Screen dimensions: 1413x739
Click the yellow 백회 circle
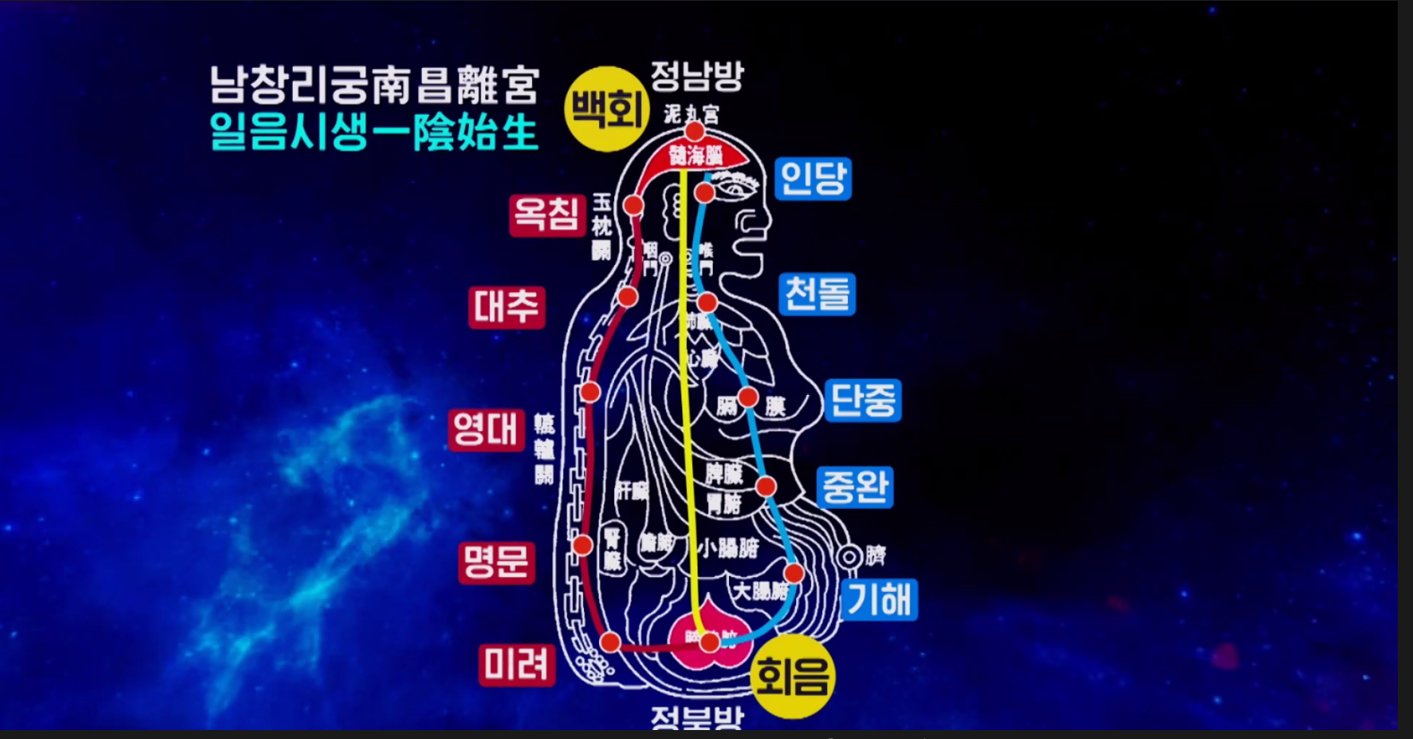[x=607, y=109]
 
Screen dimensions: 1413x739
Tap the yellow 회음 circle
[x=791, y=676]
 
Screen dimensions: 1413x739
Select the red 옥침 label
[x=546, y=215]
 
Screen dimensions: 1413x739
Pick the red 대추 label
[x=506, y=307]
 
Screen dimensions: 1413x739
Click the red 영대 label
[x=485, y=429]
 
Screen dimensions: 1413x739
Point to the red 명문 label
[x=496, y=563]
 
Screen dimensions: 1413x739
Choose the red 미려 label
[x=517, y=665]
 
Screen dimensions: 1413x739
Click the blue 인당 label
[x=812, y=178]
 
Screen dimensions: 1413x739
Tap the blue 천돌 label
[x=818, y=294]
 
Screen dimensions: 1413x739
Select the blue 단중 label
[x=862, y=400]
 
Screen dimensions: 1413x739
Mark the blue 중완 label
[x=855, y=486]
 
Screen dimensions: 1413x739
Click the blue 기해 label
[x=879, y=599]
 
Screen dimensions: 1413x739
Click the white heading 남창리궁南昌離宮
[x=374, y=86]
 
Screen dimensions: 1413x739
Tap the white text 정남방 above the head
[x=697, y=76]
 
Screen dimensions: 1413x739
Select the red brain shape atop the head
[x=696, y=154]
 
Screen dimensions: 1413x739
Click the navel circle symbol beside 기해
[x=849, y=556]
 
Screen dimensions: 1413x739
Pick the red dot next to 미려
[x=611, y=642]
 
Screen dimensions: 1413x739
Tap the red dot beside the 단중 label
[x=748, y=397]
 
